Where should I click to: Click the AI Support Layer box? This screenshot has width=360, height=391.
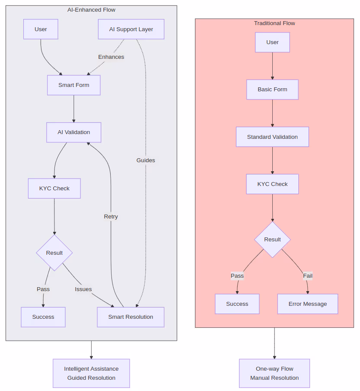coord(131,29)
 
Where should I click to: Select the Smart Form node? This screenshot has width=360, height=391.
coord(74,85)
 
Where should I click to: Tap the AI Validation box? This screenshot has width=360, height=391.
coord(74,132)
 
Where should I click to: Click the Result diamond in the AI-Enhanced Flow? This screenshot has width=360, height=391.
coord(54,253)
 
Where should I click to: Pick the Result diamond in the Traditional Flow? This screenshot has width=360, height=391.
coord(272,240)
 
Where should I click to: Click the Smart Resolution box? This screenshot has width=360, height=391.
coord(131,317)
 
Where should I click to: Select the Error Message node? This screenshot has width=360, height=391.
coord(308,304)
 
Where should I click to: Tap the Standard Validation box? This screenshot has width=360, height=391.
coord(272,137)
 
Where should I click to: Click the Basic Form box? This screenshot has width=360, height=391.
coord(272,90)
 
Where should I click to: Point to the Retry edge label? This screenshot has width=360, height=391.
coord(111,217)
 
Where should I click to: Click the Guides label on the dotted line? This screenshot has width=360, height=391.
coord(146,160)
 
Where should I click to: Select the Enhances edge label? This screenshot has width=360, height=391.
coord(111,57)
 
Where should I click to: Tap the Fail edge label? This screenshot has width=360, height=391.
coord(308,276)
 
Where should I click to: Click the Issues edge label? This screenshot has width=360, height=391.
coord(83,289)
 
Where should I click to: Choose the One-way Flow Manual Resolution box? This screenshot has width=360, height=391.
coord(274,373)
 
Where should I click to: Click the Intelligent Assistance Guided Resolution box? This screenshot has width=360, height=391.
coord(91,373)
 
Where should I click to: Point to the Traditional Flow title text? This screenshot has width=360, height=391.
coord(274,23)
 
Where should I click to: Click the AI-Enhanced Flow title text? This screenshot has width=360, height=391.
coord(91,10)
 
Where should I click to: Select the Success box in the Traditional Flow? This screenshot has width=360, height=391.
coord(237,304)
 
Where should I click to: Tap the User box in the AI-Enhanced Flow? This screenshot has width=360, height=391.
coord(41,29)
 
